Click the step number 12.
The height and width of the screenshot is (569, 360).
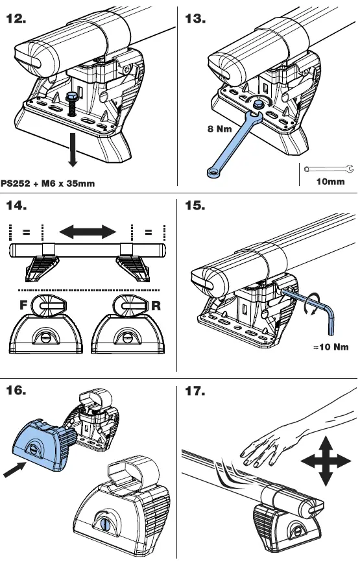pos(16,18)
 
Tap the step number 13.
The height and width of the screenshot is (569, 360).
pos(195,18)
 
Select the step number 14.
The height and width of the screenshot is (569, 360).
pos(16,206)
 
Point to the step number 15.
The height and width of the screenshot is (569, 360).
pos(195,206)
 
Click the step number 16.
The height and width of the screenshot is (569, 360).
pos(16,391)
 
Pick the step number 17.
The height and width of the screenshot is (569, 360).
pos(195,391)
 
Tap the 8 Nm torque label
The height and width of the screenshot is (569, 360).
pos(219,129)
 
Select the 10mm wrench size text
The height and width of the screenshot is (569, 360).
pos(330,182)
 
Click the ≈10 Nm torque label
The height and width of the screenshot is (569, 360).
pos(331,347)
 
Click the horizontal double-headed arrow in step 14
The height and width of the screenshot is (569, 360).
pos(88,231)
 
